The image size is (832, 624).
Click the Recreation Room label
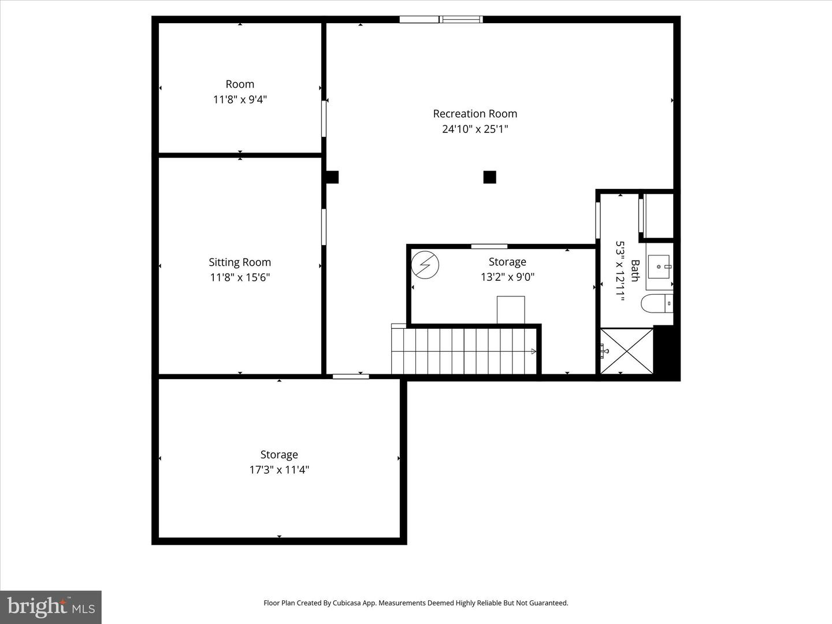point(475,114)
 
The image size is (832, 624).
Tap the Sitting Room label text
point(240,262)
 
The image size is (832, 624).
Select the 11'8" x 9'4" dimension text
point(240,99)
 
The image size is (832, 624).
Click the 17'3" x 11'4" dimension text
point(279,470)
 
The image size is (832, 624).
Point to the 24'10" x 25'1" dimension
point(475,129)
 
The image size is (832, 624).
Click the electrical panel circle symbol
point(425,265)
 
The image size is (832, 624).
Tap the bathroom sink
point(659,266)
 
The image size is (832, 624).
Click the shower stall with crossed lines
point(627,351)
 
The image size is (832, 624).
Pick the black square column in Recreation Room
point(489,177)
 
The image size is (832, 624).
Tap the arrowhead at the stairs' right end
point(533,351)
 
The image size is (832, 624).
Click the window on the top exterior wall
point(441,20)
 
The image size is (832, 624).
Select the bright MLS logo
point(51,607)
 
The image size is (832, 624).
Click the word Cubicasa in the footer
point(354,603)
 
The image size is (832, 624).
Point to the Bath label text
point(635,271)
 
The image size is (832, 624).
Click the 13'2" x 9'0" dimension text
point(507,277)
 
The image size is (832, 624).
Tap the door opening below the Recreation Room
point(351,377)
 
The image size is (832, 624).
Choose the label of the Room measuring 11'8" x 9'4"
point(240,84)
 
